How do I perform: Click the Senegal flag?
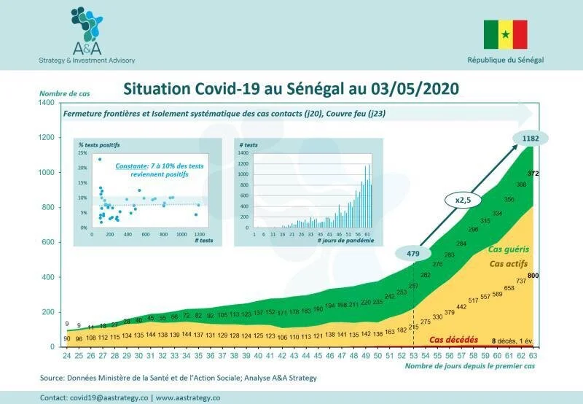point(505,34)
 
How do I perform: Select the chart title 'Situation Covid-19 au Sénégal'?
point(291,88)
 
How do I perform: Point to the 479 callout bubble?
point(412,253)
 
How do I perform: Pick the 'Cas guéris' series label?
point(509,249)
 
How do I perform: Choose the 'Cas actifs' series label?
point(508,263)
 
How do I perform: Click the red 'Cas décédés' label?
point(453,340)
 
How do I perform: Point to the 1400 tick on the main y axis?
point(45,103)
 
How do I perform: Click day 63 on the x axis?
point(533,355)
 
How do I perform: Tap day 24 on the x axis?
point(67,355)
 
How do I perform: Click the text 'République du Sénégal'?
point(505,60)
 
